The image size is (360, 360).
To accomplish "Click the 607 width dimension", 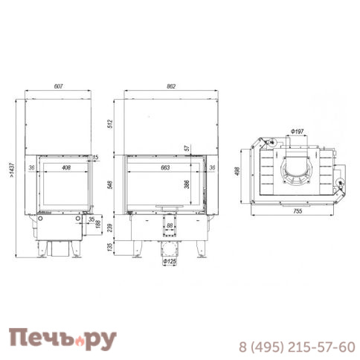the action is point(58,86).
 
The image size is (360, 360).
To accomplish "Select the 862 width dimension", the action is point(171,86).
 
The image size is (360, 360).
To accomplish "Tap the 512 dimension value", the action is point(110,123).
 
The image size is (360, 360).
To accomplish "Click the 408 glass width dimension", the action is point(65,167).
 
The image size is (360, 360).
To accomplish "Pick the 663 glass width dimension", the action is point(165,167).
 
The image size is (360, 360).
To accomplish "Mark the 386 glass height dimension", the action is point(187,184).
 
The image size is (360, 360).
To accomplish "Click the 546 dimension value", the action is point(110,184).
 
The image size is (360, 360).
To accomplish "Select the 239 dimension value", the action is point(110,228).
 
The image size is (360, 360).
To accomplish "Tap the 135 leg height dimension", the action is point(110,247).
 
